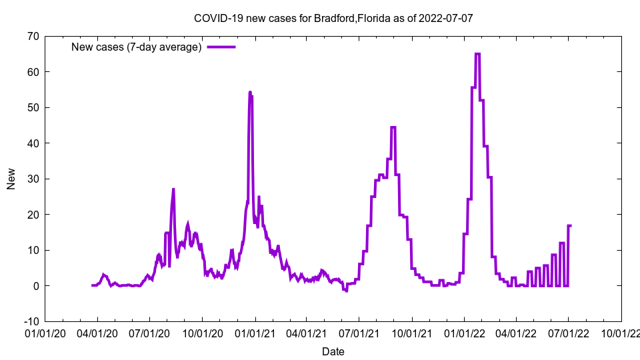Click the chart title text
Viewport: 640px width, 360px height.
click(333, 18)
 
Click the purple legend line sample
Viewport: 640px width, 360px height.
click(221, 47)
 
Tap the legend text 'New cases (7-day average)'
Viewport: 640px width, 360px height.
click(137, 47)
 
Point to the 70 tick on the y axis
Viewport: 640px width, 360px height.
click(33, 36)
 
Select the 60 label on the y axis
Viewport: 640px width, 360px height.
click(33, 72)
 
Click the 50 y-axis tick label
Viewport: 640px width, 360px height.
click(33, 107)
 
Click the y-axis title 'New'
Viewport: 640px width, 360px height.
click(11, 179)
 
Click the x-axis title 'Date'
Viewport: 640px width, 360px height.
click(333, 351)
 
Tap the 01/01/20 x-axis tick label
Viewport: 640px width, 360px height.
click(45, 333)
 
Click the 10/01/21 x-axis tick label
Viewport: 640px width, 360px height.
click(412, 333)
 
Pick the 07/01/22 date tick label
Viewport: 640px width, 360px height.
click(569, 333)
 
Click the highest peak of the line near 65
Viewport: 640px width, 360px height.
click(477, 54)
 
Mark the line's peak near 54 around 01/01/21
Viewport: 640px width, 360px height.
click(250, 92)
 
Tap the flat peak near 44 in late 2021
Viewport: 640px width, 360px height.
click(393, 127)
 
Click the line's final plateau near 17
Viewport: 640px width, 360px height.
click(570, 225)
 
